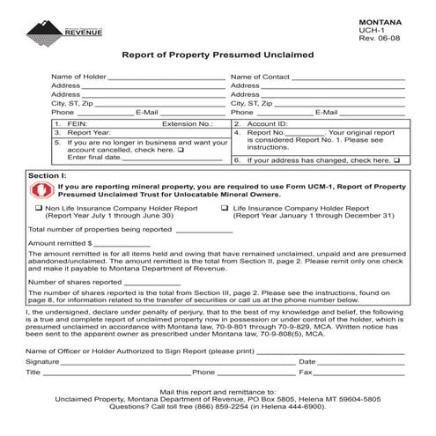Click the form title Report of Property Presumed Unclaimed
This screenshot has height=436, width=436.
(x=218, y=55)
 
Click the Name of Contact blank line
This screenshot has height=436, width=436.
(x=347, y=78)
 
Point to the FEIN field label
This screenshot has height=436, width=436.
(x=75, y=125)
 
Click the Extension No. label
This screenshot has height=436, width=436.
(x=188, y=125)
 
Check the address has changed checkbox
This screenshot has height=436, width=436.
(x=396, y=161)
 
